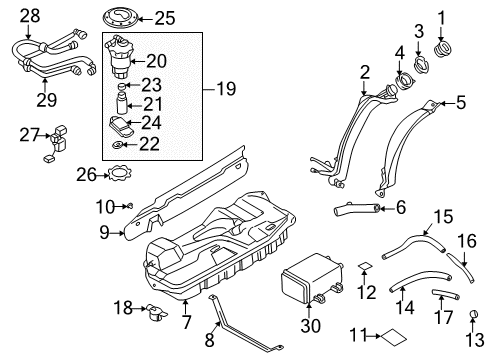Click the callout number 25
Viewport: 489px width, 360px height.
tap(165, 18)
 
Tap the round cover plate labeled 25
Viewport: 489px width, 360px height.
tap(121, 19)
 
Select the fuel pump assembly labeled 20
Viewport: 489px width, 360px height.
tap(119, 57)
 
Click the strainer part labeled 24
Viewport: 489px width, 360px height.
tap(121, 126)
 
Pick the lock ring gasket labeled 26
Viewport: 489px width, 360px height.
tap(119, 173)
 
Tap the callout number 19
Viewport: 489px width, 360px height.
tap(226, 89)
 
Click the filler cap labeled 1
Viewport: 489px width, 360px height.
tap(442, 49)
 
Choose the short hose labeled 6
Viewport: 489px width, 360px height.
tap(357, 209)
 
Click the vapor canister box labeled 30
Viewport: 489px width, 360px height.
tap(311, 278)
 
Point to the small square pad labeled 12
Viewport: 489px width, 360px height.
tap(365, 266)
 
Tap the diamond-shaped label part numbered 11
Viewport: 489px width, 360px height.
tap(394, 336)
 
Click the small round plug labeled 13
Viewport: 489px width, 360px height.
tap(474, 314)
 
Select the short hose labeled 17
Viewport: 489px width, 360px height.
tap(446, 294)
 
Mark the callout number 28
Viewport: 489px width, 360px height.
tap(30, 16)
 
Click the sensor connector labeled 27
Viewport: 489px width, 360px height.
tap(57, 143)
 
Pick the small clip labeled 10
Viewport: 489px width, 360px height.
tap(130, 206)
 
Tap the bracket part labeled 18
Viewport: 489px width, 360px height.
tap(156, 312)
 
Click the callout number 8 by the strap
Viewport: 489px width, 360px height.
tap(209, 340)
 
